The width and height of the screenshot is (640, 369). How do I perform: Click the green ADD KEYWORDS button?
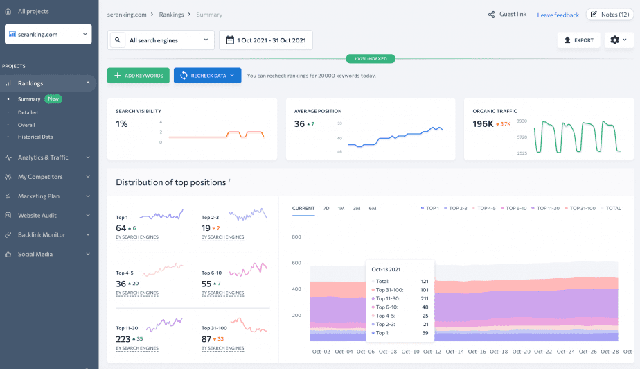coord(138,76)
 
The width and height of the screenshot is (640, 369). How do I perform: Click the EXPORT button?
coord(578,40)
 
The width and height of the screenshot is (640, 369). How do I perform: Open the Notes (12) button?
coord(610,15)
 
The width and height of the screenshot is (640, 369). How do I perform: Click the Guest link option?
coord(507,15)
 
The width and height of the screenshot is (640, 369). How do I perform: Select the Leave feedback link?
coord(558,15)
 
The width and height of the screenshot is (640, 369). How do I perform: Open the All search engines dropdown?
coord(161,40)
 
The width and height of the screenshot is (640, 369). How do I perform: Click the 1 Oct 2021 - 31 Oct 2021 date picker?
coord(266,40)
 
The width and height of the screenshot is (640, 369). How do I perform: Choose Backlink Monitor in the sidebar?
coord(42,234)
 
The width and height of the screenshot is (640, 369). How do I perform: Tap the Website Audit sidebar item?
coord(37,215)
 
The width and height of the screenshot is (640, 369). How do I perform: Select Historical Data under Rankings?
coord(35,137)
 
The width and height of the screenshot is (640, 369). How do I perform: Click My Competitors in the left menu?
coord(40,177)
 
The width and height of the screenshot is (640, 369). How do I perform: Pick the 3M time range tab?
coord(356,208)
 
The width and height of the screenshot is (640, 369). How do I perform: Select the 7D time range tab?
coord(326,208)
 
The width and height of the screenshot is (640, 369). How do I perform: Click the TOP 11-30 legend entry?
coord(546,208)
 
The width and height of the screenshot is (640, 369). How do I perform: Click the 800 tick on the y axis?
coord(296,237)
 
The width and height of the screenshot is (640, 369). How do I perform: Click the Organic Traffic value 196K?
coord(483,124)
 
